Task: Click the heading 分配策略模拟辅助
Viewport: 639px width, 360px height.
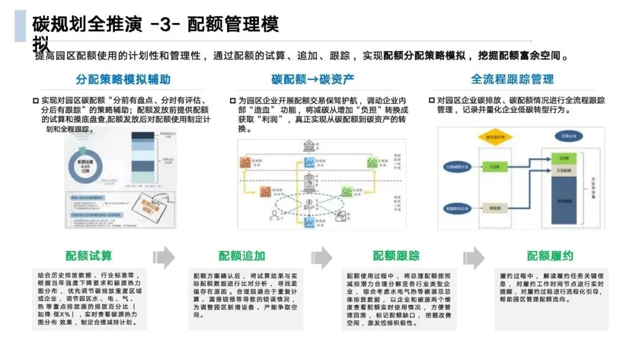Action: pyautogui.click(x=123, y=79)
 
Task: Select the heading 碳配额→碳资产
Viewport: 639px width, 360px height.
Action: pyautogui.click(x=313, y=79)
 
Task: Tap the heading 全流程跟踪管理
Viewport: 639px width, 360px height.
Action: pyautogui.click(x=512, y=79)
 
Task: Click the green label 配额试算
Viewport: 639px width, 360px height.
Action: pyautogui.click(x=89, y=256)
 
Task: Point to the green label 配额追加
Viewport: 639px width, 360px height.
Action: pyautogui.click(x=242, y=256)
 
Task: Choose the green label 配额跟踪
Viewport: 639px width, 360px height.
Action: pyautogui.click(x=396, y=256)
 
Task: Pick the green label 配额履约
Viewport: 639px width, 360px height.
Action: pyautogui.click(x=550, y=256)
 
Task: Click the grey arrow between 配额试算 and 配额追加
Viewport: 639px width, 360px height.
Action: pyautogui.click(x=164, y=257)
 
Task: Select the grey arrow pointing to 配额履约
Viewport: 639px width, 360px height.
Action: pyautogui.click(x=474, y=257)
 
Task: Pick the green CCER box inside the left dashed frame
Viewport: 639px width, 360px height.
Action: pyautogui.click(x=495, y=168)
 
